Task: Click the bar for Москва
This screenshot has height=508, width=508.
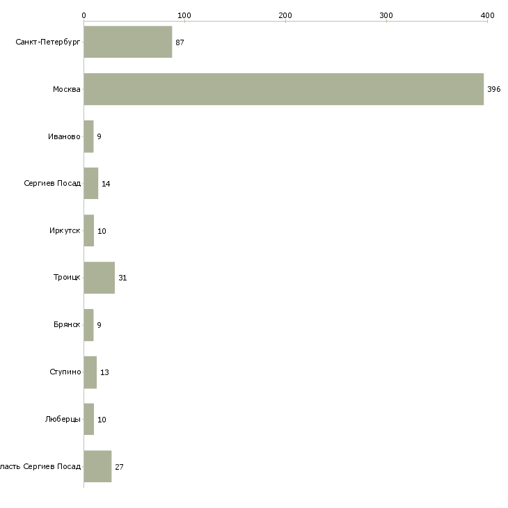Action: [x=283, y=89]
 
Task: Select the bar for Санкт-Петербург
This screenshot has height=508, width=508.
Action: [x=127, y=42]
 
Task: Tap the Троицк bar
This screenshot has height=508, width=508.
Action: [x=99, y=278]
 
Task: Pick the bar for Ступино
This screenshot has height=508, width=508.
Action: [x=90, y=372]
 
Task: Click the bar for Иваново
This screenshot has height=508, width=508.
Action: [x=88, y=136]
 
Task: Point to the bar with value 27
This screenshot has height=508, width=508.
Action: [x=97, y=466]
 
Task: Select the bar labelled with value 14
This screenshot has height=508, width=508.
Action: [x=90, y=184]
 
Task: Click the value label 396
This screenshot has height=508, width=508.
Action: [x=493, y=90]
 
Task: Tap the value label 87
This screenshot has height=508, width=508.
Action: [x=180, y=42]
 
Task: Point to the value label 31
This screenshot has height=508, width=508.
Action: [x=122, y=278]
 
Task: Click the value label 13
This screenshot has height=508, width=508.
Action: [x=104, y=372]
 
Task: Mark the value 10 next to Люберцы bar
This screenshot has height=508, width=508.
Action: [x=102, y=420]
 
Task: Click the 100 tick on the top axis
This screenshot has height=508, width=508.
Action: [x=184, y=15]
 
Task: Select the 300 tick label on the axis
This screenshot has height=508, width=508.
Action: [x=386, y=15]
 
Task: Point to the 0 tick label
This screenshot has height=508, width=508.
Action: [x=84, y=15]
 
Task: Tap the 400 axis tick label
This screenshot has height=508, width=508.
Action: [x=487, y=15]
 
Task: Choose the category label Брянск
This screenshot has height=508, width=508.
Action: [x=67, y=325]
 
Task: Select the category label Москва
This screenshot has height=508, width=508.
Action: [x=67, y=90]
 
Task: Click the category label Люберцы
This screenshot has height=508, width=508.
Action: [x=64, y=420]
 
